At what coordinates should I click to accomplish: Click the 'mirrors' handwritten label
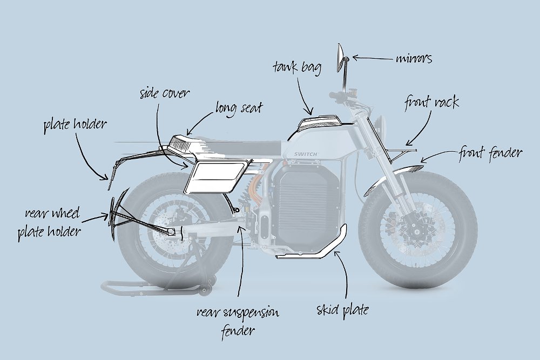click(414, 59)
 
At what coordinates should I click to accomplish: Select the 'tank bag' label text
click(297, 68)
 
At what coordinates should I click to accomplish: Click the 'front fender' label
click(490, 153)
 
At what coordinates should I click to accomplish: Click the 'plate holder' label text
click(75, 125)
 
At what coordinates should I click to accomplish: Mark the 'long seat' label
click(239, 107)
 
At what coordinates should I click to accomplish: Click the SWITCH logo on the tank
click(306, 154)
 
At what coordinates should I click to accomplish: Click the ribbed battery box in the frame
click(308, 208)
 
